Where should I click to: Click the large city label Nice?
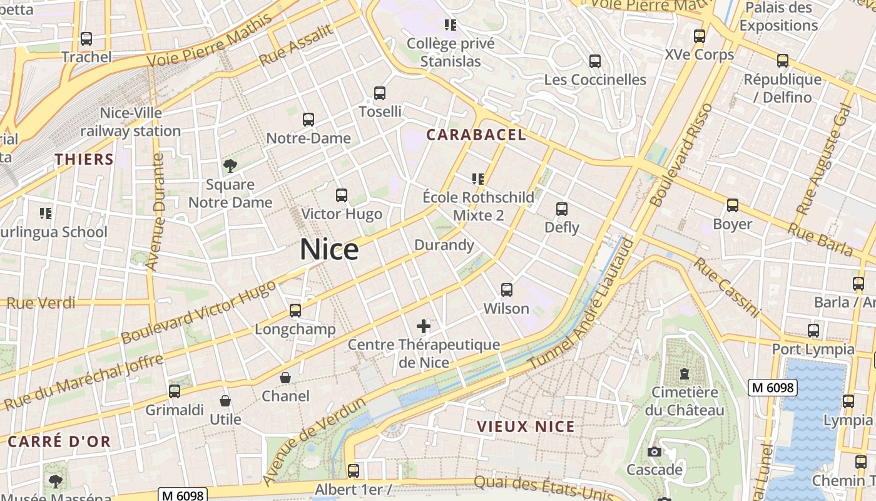coord(329,249)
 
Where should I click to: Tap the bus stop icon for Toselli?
coord(380,93)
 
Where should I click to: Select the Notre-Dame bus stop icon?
coord(308,120)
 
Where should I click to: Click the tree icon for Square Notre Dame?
coord(230,166)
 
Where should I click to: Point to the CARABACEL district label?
coord(476,135)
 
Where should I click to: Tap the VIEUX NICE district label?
coord(526,426)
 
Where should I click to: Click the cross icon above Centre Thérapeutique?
coord(424,326)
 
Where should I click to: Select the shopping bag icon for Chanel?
coord(285,378)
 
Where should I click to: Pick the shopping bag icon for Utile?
coord(225,401)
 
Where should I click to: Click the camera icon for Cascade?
coord(654,452)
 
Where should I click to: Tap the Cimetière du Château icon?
coord(685,374)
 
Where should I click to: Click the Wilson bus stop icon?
coord(507,290)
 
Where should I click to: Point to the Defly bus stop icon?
coord(562,209)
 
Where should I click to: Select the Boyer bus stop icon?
coord(733,205)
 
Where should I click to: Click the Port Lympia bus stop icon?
coord(813,331)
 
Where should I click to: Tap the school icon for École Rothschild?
coord(479,179)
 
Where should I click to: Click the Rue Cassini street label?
coord(726,287)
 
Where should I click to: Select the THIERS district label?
coord(84,159)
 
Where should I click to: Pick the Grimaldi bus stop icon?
coord(175,391)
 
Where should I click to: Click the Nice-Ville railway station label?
coord(130,122)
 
